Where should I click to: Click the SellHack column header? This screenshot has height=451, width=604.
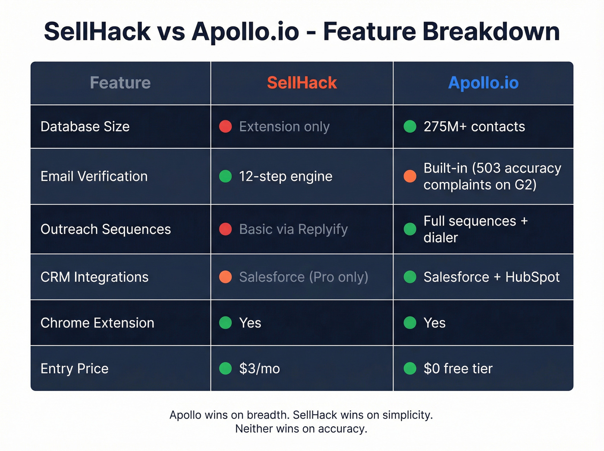coord(302,83)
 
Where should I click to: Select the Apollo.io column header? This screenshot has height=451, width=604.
coord(483,83)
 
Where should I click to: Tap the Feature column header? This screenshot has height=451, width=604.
coord(120,83)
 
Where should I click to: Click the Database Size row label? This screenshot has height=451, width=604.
coord(85,126)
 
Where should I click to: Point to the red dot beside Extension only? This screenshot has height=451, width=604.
coord(226,126)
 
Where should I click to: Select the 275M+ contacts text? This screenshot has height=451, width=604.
coord(474,126)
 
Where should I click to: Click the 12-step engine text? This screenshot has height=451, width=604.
coord(286,176)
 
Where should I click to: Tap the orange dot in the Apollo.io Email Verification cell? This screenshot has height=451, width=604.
coord(410,176)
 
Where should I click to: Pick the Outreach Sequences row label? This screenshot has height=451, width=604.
coord(106,229)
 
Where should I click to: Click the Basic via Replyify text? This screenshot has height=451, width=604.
coord(293,229)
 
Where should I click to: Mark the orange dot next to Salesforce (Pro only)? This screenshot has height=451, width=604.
coord(226,277)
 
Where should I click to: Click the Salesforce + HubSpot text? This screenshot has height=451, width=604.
coord(491,277)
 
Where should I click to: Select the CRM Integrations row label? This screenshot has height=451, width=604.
coord(94,277)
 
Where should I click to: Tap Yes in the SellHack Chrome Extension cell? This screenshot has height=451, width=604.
coord(250,323)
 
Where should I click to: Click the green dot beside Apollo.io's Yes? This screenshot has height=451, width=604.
coord(410,323)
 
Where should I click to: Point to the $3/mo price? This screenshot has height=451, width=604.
coord(259,369)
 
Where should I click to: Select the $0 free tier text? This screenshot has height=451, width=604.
coord(458,369)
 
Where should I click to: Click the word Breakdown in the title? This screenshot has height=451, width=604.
coord(491,32)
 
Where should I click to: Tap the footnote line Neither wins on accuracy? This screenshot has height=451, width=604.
coord(301,429)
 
